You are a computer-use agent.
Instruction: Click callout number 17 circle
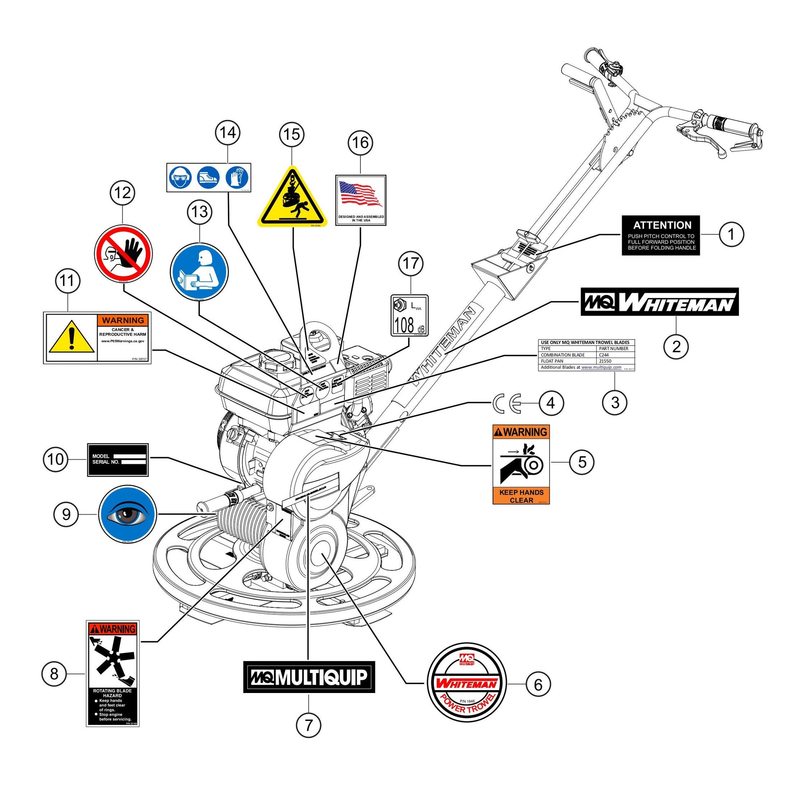(410, 264)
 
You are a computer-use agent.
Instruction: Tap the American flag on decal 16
(360, 194)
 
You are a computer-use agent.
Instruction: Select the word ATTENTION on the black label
(662, 225)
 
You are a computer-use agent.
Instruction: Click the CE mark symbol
(507, 402)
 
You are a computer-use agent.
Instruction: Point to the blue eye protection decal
(127, 514)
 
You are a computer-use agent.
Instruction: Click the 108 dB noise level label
(409, 316)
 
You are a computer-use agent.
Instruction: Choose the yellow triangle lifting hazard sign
(292, 198)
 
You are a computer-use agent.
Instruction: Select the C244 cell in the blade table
(604, 355)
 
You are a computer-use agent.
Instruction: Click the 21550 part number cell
(605, 361)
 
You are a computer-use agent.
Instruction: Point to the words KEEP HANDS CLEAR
(521, 496)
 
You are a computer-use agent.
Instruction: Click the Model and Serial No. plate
(118, 460)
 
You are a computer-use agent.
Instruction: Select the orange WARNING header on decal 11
(123, 320)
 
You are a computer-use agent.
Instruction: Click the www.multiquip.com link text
(601, 367)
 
